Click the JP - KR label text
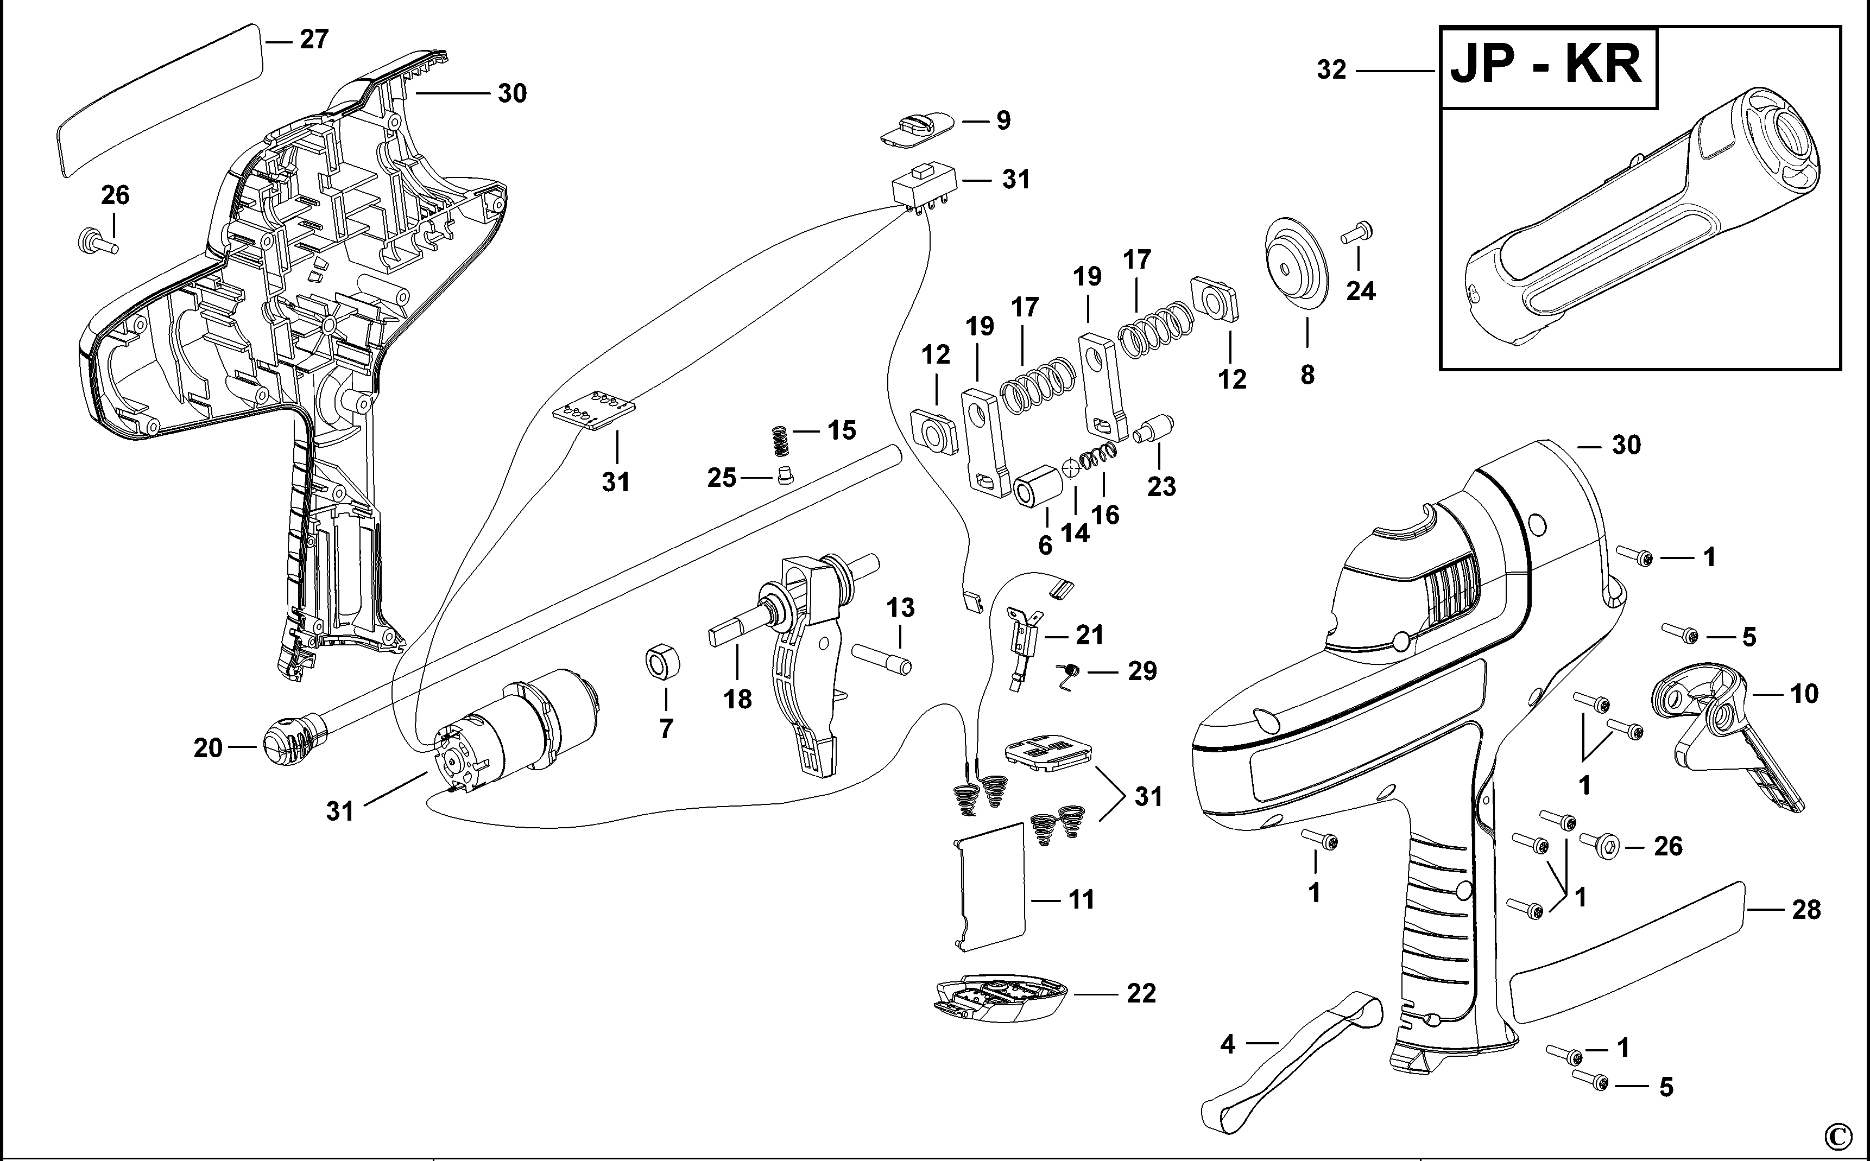1546,66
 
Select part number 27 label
313,39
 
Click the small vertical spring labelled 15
780,440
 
